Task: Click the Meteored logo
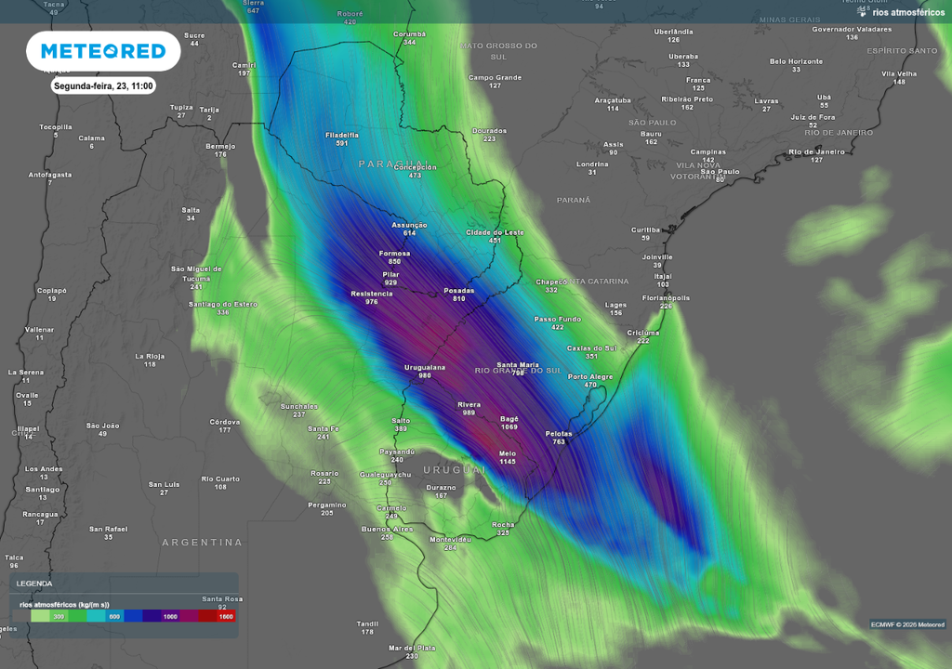tap(102, 51)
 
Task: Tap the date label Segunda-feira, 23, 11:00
tap(103, 85)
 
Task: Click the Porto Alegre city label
tap(590, 376)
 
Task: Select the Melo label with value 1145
tap(507, 453)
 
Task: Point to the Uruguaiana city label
tap(424, 367)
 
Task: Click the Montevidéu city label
tap(450, 539)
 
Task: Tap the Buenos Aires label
tap(387, 529)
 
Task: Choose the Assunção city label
tap(409, 225)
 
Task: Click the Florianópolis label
tap(666, 297)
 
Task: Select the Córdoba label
tap(225, 421)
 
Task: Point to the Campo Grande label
tap(495, 77)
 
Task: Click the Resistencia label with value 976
tap(371, 294)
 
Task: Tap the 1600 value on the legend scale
tap(225, 616)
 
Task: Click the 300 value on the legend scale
tap(59, 616)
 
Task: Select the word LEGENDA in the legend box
tap(34, 584)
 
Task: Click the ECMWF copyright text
tap(907, 623)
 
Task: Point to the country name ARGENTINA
tap(202, 542)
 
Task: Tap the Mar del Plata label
tap(412, 648)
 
